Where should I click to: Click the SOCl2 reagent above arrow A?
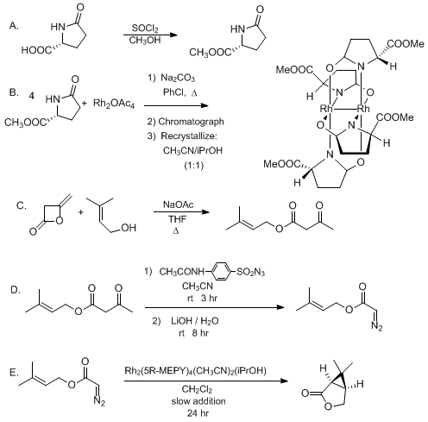[145, 28]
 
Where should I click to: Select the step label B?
[14, 92]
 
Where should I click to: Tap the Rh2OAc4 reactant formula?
[114, 104]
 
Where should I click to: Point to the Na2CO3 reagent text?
[178, 78]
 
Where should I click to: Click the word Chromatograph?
[191, 122]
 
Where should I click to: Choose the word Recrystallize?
[189, 136]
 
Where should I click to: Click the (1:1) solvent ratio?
[193, 166]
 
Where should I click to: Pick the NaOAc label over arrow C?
[179, 205]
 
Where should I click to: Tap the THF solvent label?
[177, 219]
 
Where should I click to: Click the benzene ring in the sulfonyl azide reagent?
[221, 271]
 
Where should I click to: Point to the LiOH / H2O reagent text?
[195, 321]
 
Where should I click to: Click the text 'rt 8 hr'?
[193, 333]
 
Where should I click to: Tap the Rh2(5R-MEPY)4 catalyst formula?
[158, 370]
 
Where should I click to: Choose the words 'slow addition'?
[198, 401]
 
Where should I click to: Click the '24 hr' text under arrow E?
[198, 413]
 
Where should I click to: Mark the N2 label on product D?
[377, 327]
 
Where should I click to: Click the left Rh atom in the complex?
[326, 109]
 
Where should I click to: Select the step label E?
[14, 373]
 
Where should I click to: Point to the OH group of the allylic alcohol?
[129, 228]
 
